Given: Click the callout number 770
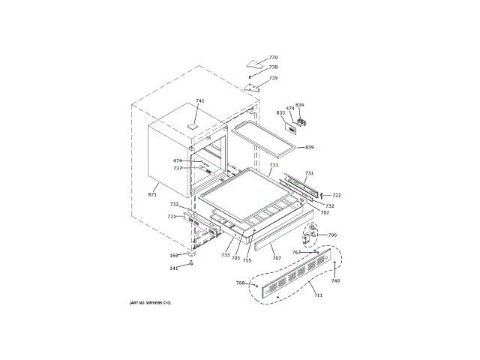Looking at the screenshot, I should coord(273,58).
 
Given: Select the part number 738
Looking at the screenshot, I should coord(273,67).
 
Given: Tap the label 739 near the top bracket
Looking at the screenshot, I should coord(273,78).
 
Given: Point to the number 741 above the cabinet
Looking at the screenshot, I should coord(199,101).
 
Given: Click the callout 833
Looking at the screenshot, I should coord(280,112).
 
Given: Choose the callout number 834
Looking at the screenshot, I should coord(299,105).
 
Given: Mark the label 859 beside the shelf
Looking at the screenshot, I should coord(309,147).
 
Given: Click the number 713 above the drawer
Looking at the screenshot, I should coord(274,165).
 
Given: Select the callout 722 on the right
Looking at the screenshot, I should coord(336,195).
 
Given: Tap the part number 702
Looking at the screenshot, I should coord(325,212).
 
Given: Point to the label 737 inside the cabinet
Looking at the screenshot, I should coord(178,168).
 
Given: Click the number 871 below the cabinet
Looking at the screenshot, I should coord(152,195).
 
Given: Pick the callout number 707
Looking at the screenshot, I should coord(277,258).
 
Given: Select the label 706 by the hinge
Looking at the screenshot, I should coord(332,235).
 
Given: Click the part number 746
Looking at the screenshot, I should coord(335,280).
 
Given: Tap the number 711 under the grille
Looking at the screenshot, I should coord(318,296).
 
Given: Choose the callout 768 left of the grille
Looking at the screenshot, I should coord(240,283).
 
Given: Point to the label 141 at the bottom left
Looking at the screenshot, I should coord(173,268).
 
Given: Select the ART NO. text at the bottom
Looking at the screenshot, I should coord(151,302).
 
